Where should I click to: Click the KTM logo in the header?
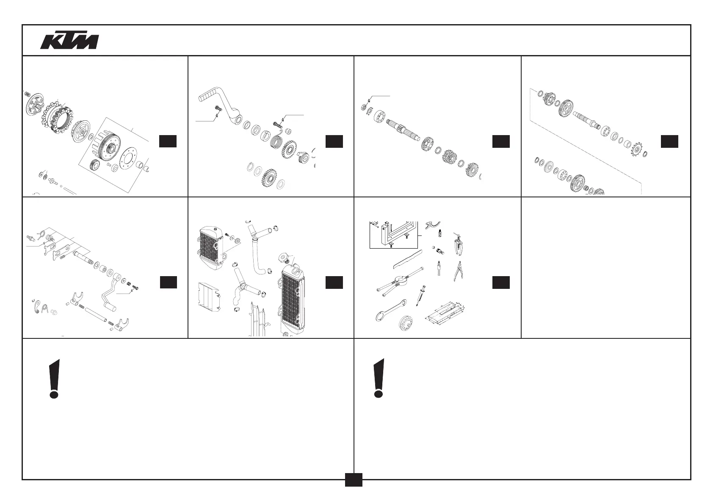click(70, 41)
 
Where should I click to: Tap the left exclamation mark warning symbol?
click(54, 378)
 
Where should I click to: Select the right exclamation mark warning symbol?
click(379, 378)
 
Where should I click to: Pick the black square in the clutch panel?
click(168, 141)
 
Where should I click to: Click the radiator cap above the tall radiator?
click(283, 258)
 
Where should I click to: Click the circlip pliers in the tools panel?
click(457, 271)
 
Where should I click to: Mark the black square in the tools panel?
click(501, 282)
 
